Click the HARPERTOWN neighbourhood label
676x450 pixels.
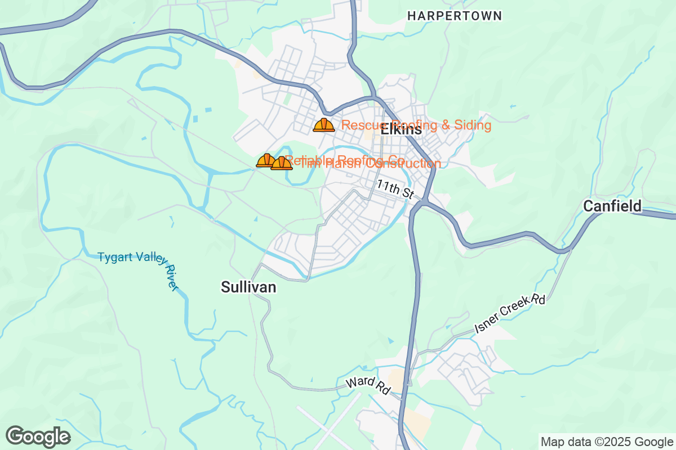(454, 16)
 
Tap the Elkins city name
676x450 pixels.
(401, 129)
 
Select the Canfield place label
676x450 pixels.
(612, 206)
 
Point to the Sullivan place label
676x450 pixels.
(248, 287)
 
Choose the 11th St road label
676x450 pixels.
(395, 189)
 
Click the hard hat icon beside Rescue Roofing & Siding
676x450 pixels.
(324, 125)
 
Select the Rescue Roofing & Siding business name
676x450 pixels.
(416, 125)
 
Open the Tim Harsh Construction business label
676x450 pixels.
(370, 164)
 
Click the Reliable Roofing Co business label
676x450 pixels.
(344, 160)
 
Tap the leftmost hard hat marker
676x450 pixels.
(265, 161)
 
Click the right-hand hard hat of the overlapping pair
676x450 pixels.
(282, 163)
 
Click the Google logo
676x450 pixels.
(38, 436)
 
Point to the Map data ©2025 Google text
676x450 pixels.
(607, 442)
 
